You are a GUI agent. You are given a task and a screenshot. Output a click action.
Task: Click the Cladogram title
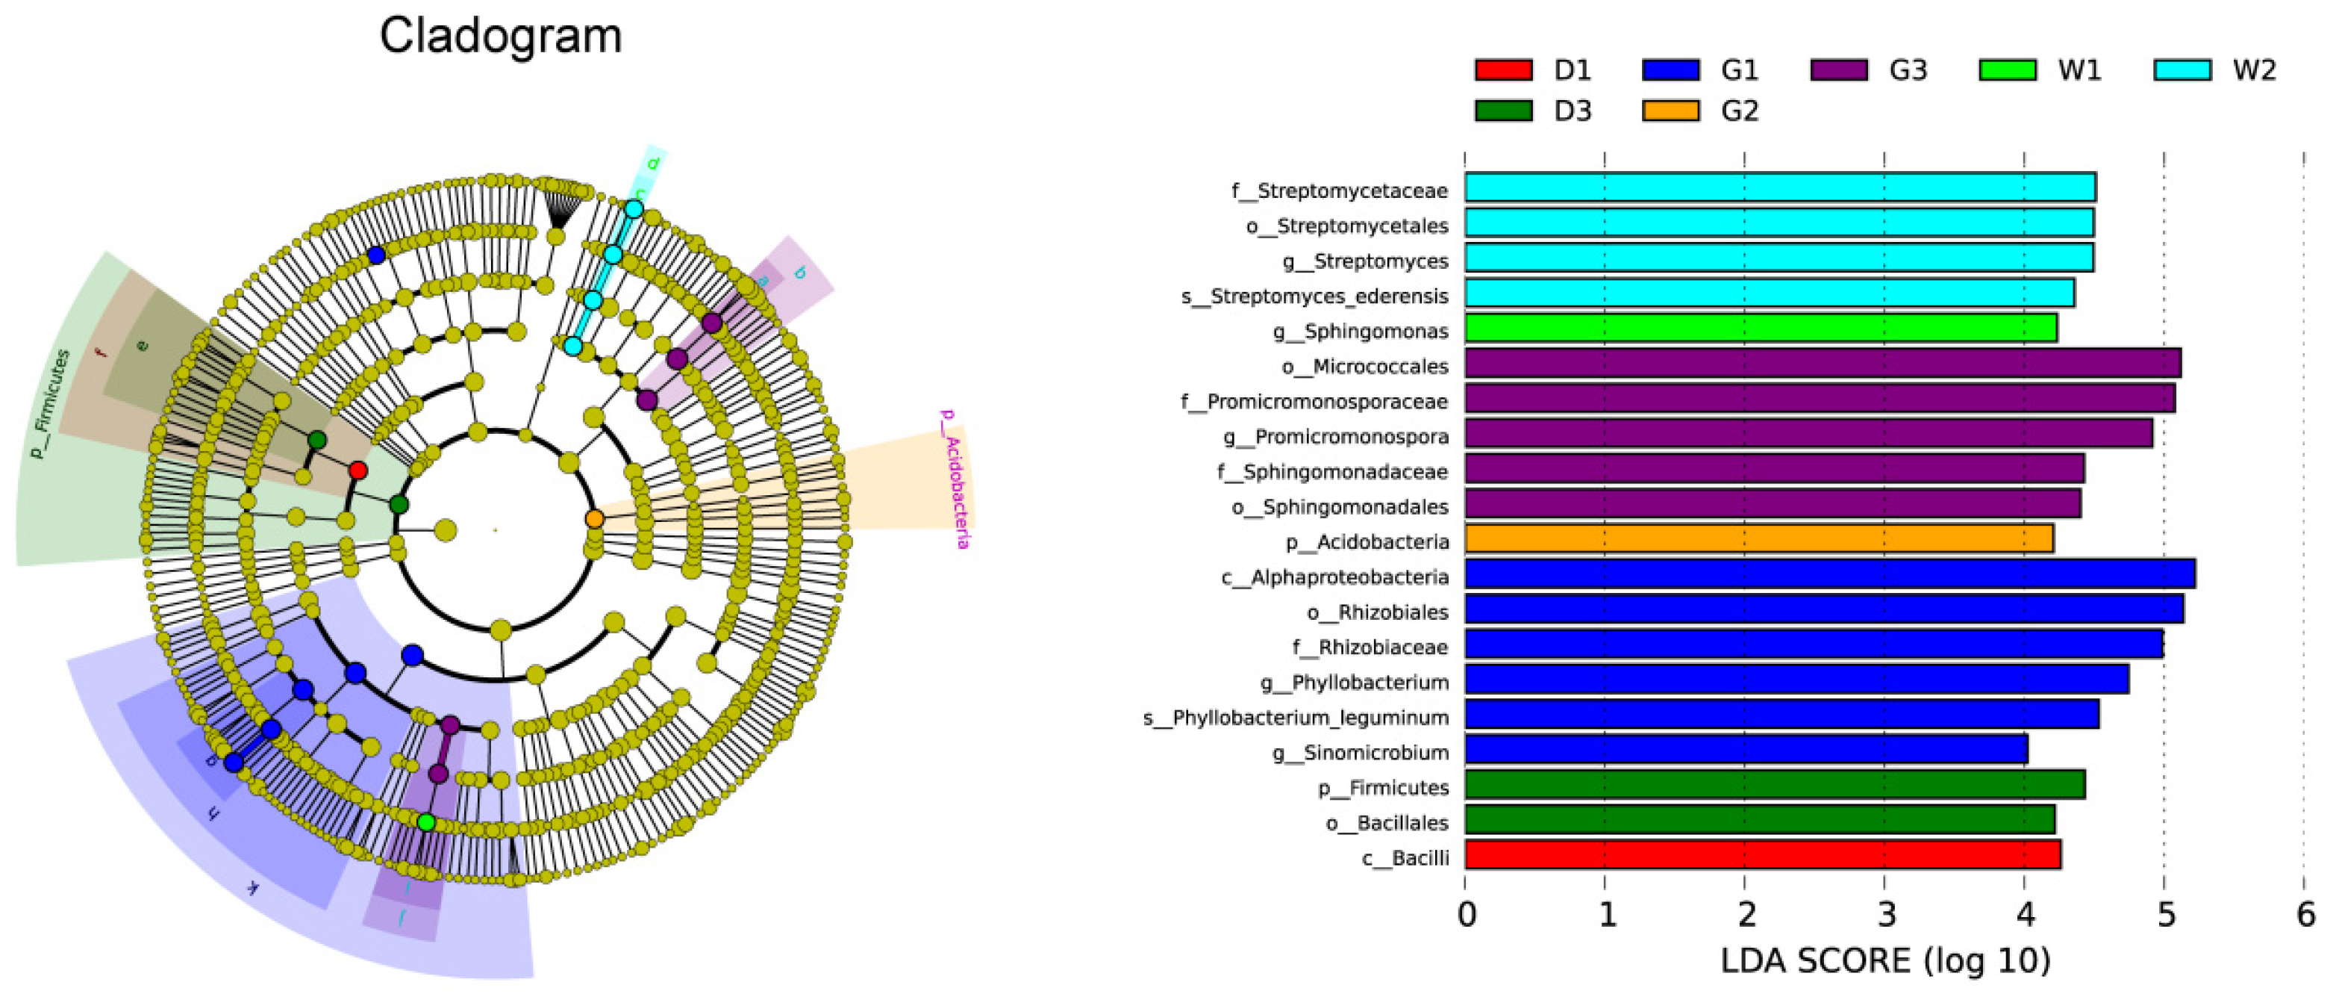point(500,37)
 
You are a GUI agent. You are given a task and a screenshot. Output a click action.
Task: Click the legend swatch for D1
point(1503,70)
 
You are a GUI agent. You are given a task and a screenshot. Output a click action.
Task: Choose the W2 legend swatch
point(2182,70)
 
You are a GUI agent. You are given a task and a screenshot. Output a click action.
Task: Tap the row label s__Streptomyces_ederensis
point(1314,296)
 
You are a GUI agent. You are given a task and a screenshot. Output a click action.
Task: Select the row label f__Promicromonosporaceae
point(1314,402)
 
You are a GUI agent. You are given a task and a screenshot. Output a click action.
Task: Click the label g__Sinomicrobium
point(1359,753)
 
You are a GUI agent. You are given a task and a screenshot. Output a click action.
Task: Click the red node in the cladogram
point(358,470)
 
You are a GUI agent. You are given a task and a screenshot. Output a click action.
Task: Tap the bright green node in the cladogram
point(425,822)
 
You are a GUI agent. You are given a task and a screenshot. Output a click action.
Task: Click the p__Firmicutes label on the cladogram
point(49,404)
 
